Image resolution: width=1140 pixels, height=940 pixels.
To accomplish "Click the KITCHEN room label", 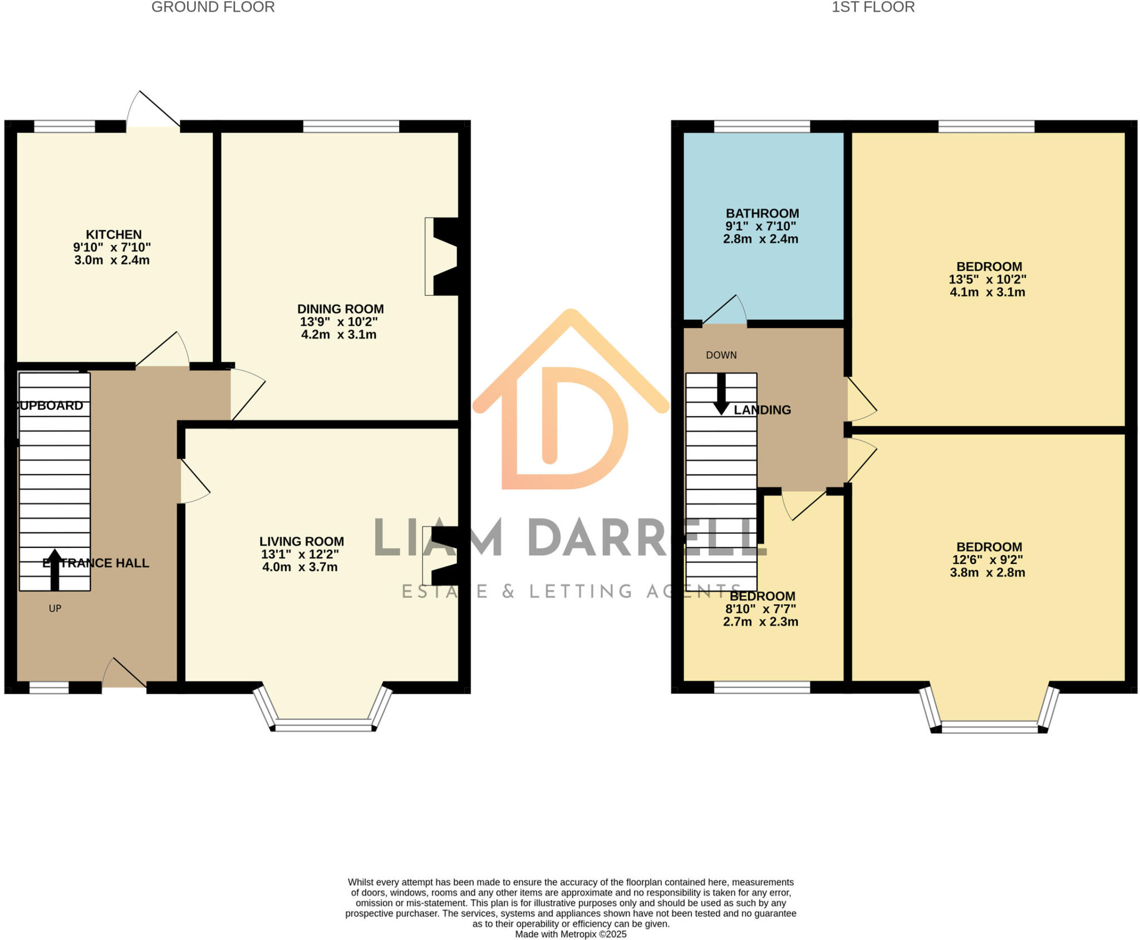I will click(x=114, y=234).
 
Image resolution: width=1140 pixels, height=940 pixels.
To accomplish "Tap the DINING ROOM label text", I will click(x=340, y=309).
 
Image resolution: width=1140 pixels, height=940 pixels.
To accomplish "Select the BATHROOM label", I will click(x=762, y=213).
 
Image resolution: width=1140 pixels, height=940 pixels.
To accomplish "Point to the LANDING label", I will click(x=762, y=410).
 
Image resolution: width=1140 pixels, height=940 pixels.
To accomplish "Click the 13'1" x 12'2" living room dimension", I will click(x=300, y=554).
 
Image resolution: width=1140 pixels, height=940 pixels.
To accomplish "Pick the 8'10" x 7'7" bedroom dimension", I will click(x=760, y=609).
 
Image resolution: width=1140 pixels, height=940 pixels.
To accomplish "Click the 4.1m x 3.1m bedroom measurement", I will click(x=987, y=292).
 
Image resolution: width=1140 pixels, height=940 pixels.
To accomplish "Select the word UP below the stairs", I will click(x=55, y=608).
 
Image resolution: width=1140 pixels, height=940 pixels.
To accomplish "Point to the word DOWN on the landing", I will click(x=721, y=355).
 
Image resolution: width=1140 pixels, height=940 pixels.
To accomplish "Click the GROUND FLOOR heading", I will click(x=213, y=7).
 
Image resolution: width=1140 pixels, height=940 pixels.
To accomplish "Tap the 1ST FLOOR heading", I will click(x=873, y=7).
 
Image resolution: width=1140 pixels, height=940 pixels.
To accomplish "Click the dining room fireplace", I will click(x=443, y=256).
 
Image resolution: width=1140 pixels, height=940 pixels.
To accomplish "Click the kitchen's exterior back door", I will click(x=154, y=111).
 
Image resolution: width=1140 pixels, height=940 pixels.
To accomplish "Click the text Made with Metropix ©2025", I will click(x=571, y=934).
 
